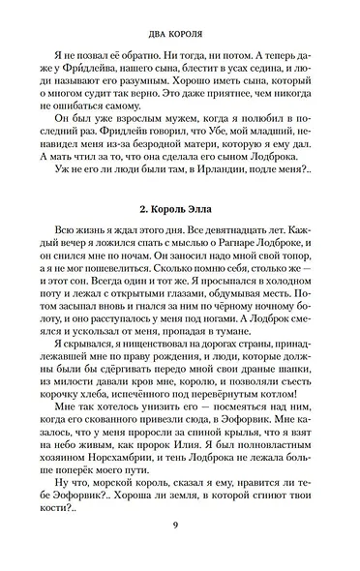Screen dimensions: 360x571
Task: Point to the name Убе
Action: (x=223, y=154)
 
